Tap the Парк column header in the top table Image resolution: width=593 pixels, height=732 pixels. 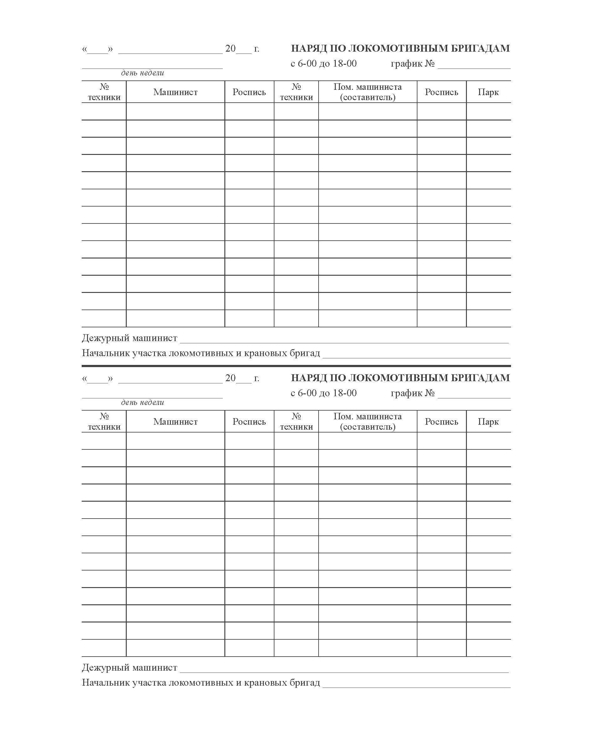[x=488, y=92]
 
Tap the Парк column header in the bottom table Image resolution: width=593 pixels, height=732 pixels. [x=488, y=422]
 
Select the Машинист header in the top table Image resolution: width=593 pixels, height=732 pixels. [x=175, y=92]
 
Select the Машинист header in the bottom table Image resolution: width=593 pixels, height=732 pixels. [x=175, y=422]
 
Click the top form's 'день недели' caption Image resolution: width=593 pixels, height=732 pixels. [x=142, y=73]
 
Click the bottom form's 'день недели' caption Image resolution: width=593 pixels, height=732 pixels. [x=142, y=402]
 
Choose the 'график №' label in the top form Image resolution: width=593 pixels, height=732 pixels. [x=413, y=64]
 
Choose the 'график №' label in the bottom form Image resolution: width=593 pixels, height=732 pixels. [x=413, y=393]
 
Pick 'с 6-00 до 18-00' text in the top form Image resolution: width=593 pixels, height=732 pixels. [x=324, y=64]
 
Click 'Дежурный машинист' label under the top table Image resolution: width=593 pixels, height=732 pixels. [x=130, y=338]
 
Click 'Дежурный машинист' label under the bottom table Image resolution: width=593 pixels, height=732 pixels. [x=130, y=668]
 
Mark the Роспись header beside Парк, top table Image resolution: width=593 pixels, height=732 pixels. [x=441, y=92]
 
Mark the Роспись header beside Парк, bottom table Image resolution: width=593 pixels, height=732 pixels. [x=441, y=422]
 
